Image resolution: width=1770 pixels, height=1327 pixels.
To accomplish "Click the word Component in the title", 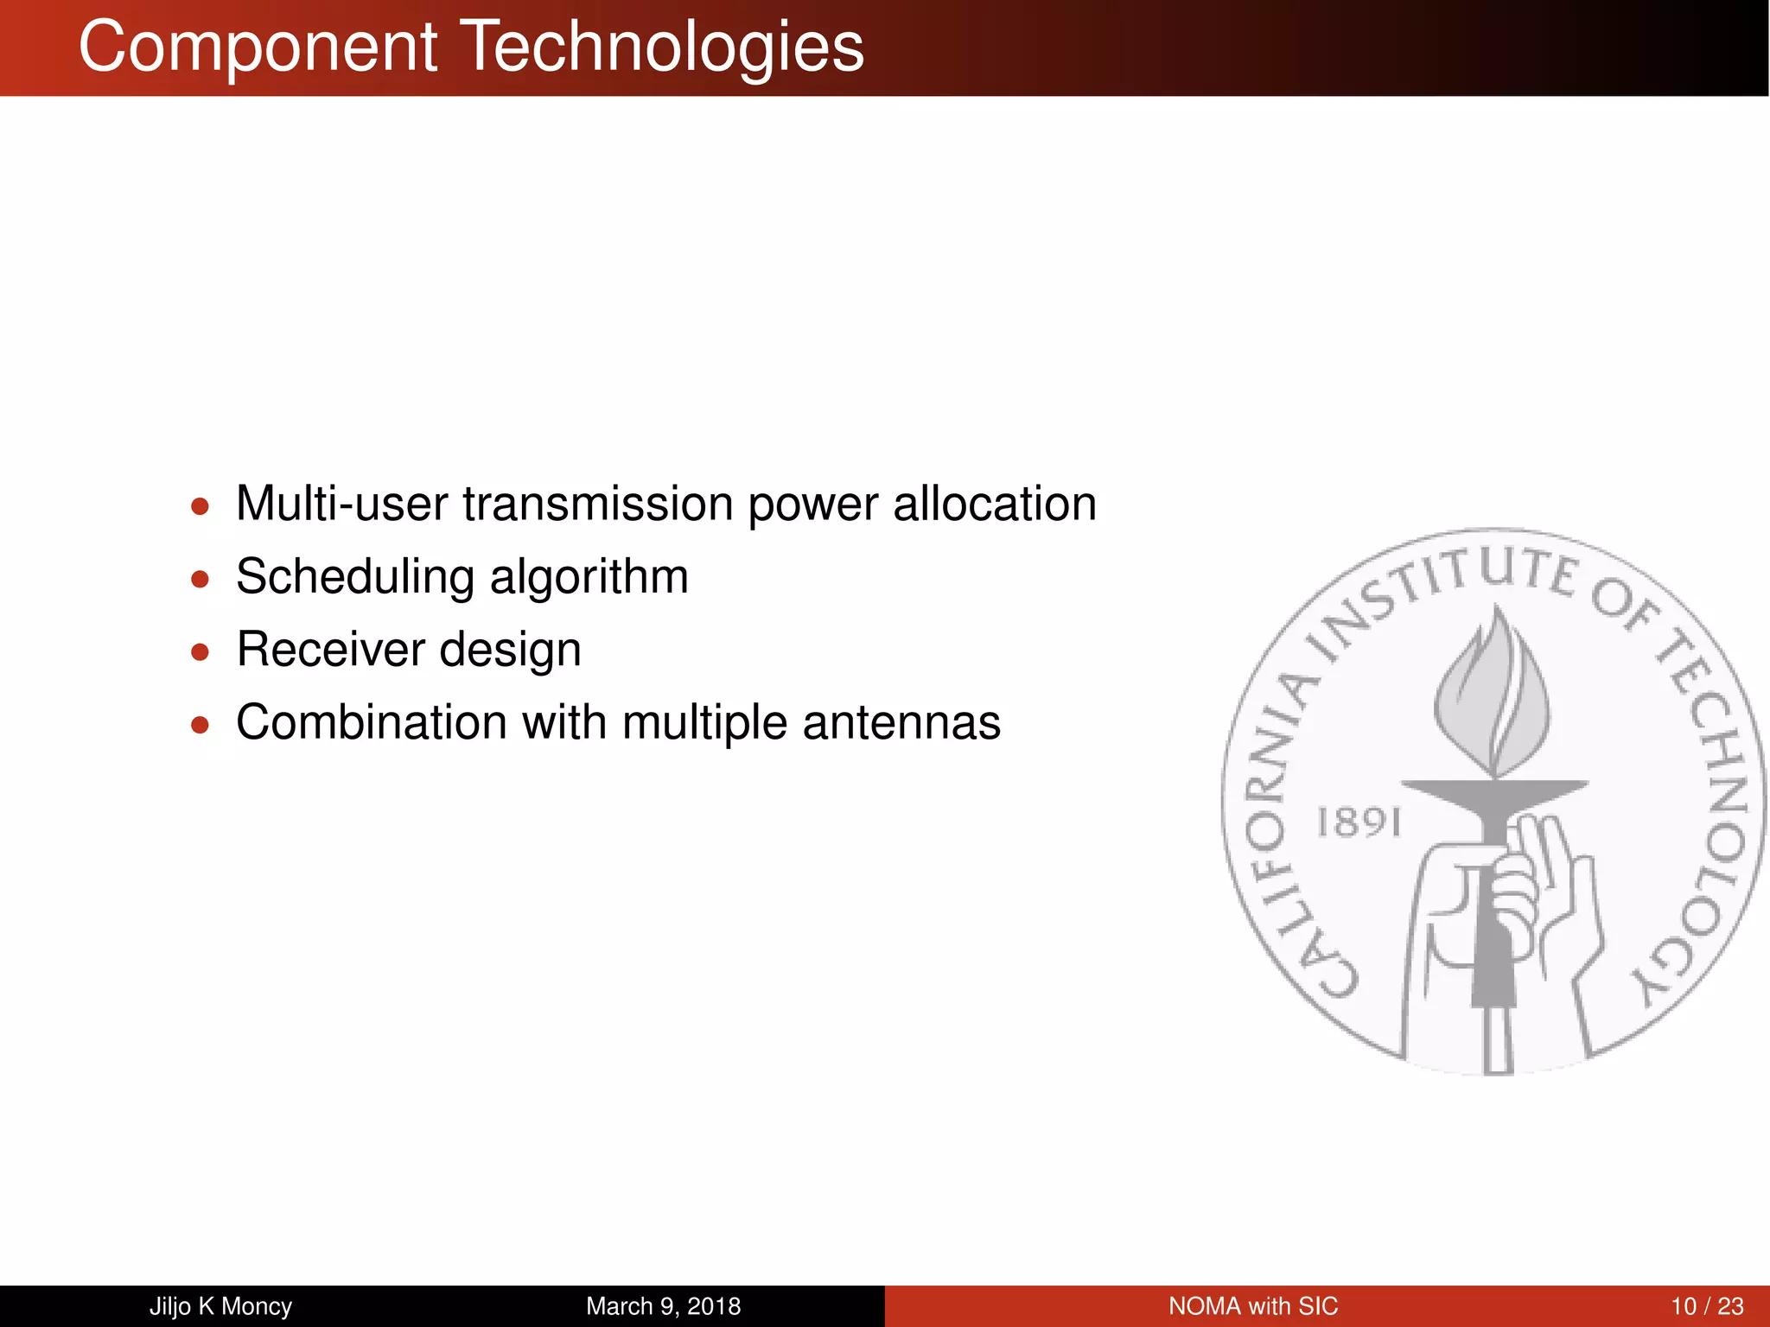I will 258,47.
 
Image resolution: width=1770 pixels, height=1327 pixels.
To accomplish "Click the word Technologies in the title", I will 661,47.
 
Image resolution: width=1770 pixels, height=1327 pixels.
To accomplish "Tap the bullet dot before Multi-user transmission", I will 201,506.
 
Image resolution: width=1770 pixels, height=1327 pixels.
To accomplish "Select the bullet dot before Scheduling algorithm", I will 201,579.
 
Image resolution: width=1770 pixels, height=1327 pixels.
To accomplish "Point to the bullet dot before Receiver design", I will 201,651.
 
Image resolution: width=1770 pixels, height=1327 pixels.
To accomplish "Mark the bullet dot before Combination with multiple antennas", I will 201,724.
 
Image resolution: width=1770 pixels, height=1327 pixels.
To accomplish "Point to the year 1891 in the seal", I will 1358,822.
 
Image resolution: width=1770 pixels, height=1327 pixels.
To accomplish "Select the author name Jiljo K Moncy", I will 220,1306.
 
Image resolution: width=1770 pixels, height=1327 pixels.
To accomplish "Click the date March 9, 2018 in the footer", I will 663,1306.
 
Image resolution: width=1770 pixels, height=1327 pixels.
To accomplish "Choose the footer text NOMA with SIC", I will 1252,1306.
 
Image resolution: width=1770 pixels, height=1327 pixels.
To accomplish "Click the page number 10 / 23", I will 1707,1306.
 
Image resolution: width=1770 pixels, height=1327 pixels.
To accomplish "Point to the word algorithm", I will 589,577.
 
